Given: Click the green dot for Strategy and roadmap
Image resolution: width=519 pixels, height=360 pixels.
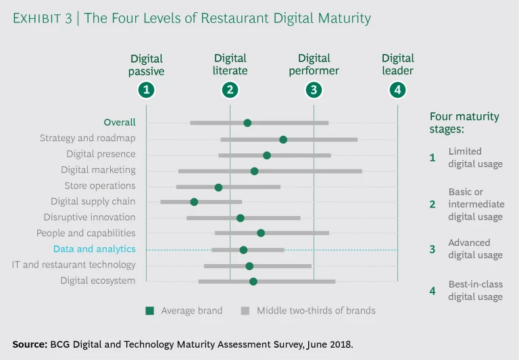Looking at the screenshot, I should point(283,139).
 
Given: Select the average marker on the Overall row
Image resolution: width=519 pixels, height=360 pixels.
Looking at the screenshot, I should point(247,123).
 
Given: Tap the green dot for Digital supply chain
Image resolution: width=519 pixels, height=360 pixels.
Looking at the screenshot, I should point(194,202).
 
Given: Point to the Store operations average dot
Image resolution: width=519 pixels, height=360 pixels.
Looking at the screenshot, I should point(218,187).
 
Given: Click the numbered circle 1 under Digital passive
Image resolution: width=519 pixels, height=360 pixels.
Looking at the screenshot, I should point(146,89).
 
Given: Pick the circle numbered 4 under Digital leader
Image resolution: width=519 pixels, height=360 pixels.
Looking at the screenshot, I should point(397,89).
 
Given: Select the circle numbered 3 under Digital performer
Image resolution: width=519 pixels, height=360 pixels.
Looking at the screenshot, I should point(314,89).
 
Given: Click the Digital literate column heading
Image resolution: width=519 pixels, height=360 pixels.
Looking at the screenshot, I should point(230,64).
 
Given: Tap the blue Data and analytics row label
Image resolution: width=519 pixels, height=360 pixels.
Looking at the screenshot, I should point(95,249).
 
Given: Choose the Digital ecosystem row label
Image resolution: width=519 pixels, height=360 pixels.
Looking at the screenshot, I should point(98,280).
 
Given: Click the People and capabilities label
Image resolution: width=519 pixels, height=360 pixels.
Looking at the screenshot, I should point(86,233).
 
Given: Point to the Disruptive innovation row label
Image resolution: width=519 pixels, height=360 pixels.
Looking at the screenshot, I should point(89,217).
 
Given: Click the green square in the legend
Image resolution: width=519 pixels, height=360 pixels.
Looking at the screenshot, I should point(150,311).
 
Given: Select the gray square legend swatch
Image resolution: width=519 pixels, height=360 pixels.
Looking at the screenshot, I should point(245,311).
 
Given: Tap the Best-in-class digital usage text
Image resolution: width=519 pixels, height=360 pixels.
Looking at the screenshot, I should point(476,290).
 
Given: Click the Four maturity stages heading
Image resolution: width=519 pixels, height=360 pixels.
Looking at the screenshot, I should point(464,122).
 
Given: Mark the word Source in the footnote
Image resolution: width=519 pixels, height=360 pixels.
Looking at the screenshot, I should point(30,344).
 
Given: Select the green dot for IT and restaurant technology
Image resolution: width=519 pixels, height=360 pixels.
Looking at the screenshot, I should point(249,266).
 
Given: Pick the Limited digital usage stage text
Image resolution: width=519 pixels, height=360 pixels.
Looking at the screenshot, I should point(475,157).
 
